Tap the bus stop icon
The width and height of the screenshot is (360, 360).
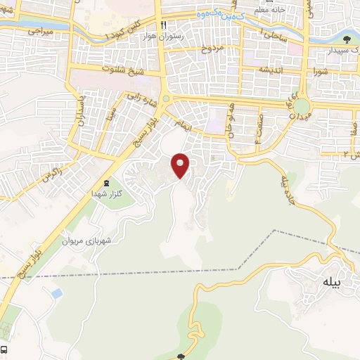coord(4,349)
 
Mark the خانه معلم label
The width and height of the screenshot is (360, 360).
coord(271,8)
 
